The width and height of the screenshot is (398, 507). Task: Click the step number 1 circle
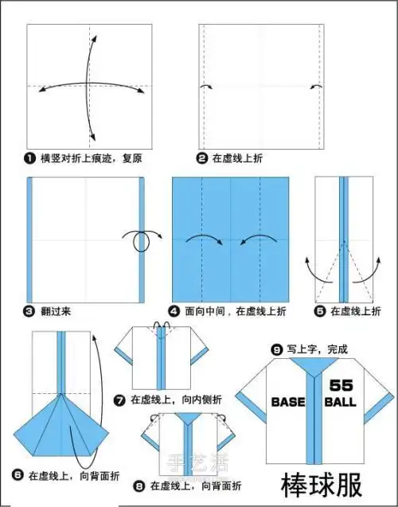31,158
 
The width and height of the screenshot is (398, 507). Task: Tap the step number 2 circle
204,158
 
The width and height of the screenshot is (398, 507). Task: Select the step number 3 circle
31,311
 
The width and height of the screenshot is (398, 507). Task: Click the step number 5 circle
320,311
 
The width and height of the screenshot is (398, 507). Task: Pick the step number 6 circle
18,475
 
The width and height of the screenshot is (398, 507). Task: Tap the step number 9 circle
277,349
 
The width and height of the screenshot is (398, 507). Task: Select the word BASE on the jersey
288,402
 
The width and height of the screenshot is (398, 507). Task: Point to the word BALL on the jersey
340,402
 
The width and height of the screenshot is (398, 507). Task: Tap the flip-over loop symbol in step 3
141,241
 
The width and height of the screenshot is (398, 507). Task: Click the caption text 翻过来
59,311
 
